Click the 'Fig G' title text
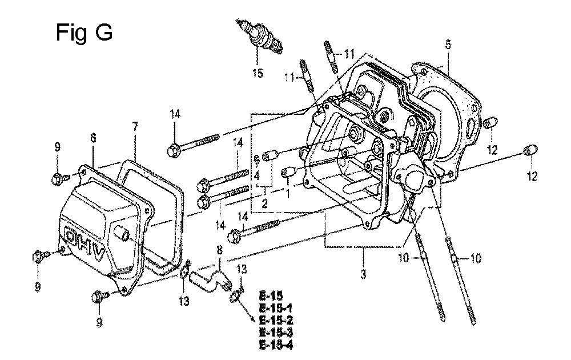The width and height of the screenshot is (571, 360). point(83,33)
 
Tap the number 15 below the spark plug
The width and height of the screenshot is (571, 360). point(258,73)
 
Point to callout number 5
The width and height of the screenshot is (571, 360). point(448,44)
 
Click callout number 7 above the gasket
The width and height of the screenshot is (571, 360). point(135,126)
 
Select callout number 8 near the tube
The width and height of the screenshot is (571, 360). point(219,250)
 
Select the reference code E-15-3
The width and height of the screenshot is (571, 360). point(278,332)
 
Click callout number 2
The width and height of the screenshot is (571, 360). point(264,203)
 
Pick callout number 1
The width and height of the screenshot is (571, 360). point(288,194)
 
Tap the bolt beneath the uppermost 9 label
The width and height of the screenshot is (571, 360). point(58,178)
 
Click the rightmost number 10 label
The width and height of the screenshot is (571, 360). point(476,258)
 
